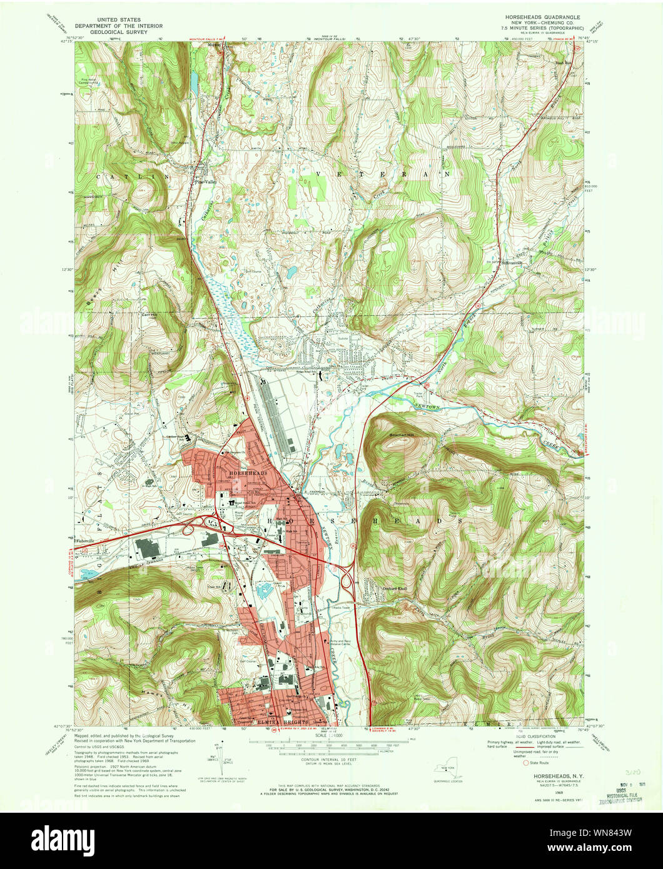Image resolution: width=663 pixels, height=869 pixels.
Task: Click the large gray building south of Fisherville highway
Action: (x=148, y=548)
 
